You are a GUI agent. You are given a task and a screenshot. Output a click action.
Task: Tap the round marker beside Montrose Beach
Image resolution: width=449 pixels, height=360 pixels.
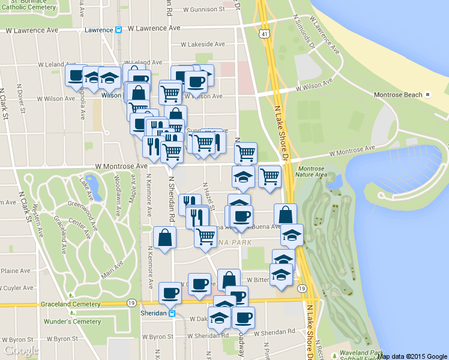(x=428, y=95)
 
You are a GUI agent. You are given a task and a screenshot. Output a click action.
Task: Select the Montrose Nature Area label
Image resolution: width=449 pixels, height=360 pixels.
(x=313, y=172)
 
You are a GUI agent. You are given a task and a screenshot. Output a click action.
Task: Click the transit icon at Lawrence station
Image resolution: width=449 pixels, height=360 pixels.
(x=119, y=29)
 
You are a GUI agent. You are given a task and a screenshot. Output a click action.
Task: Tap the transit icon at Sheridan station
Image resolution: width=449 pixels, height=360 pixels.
(x=172, y=313)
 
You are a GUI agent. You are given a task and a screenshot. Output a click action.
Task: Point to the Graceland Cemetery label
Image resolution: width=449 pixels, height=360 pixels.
(x=70, y=304)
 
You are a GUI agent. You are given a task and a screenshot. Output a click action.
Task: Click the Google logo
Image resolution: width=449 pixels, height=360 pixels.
(x=21, y=350)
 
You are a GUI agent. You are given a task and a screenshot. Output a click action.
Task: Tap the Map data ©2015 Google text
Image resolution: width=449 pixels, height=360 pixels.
(x=412, y=356)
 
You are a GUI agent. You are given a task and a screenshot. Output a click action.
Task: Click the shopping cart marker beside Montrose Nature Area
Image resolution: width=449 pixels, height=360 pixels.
(x=270, y=176)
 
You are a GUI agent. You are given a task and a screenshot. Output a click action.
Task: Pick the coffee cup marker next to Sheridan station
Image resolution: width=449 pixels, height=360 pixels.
(x=170, y=292)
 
